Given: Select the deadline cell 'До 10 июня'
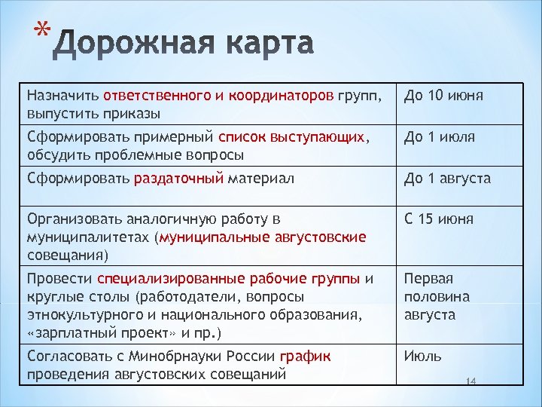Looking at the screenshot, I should [443, 96].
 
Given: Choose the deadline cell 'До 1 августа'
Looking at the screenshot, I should [447, 179].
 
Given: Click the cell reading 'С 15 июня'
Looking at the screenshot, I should [439, 219].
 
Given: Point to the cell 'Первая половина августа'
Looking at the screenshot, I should [437, 297].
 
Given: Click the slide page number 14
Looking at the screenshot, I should [472, 383].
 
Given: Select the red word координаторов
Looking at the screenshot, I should [287, 96].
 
